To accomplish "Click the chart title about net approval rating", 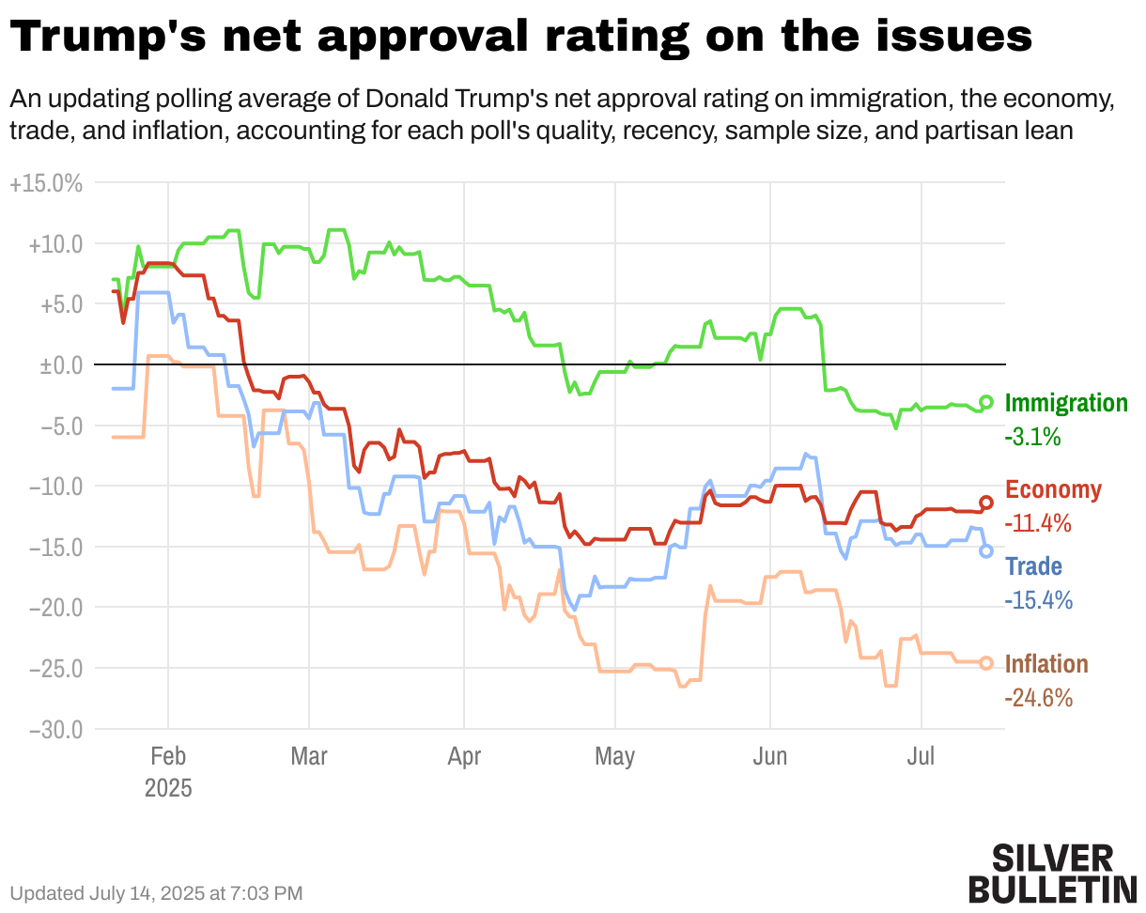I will [x=521, y=38].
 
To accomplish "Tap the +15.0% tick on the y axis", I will [x=46, y=184].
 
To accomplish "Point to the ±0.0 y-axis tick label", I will [x=61, y=364].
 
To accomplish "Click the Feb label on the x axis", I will [x=168, y=757].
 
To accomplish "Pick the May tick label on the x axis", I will [x=614, y=757].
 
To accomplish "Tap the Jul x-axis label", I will [x=921, y=757].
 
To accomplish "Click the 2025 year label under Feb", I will [x=168, y=787].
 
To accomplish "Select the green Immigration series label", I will [x=1066, y=404].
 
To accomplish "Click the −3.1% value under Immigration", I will [x=1032, y=437].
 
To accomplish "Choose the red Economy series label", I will [x=1053, y=489].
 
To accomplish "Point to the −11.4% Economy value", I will [x=1038, y=523].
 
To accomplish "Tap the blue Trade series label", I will [x=1033, y=566].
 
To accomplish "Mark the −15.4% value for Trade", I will [x=1038, y=600].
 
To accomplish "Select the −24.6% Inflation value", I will [x=1038, y=698].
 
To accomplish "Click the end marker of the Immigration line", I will [x=986, y=402].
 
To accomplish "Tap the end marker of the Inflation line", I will [x=986, y=663].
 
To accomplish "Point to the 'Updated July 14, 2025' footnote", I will [x=156, y=892].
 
